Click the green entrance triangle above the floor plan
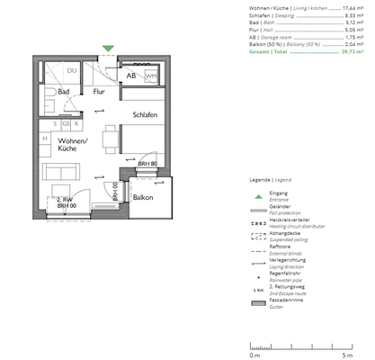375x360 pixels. [108, 49]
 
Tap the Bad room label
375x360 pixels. [64, 92]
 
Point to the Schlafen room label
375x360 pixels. [146, 116]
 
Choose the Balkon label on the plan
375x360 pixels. [143, 197]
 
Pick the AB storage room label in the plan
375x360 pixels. [131, 76]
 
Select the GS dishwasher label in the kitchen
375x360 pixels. [66, 123]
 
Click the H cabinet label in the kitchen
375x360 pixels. [44, 138]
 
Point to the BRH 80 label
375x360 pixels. [147, 164]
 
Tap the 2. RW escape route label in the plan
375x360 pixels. [64, 201]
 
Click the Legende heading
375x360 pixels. [265, 181]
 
